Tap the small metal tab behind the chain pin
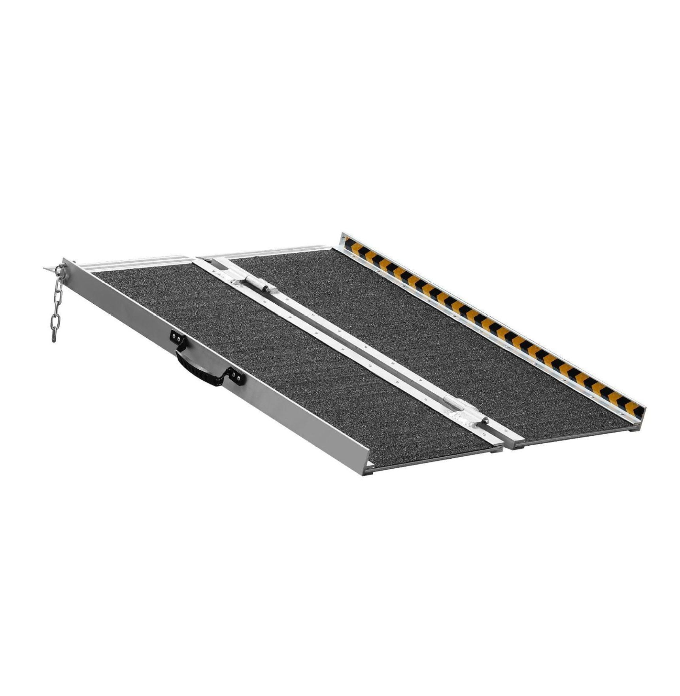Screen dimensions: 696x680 pyautogui.click(x=50, y=269)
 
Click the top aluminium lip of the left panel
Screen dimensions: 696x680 pyautogui.click(x=138, y=264)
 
